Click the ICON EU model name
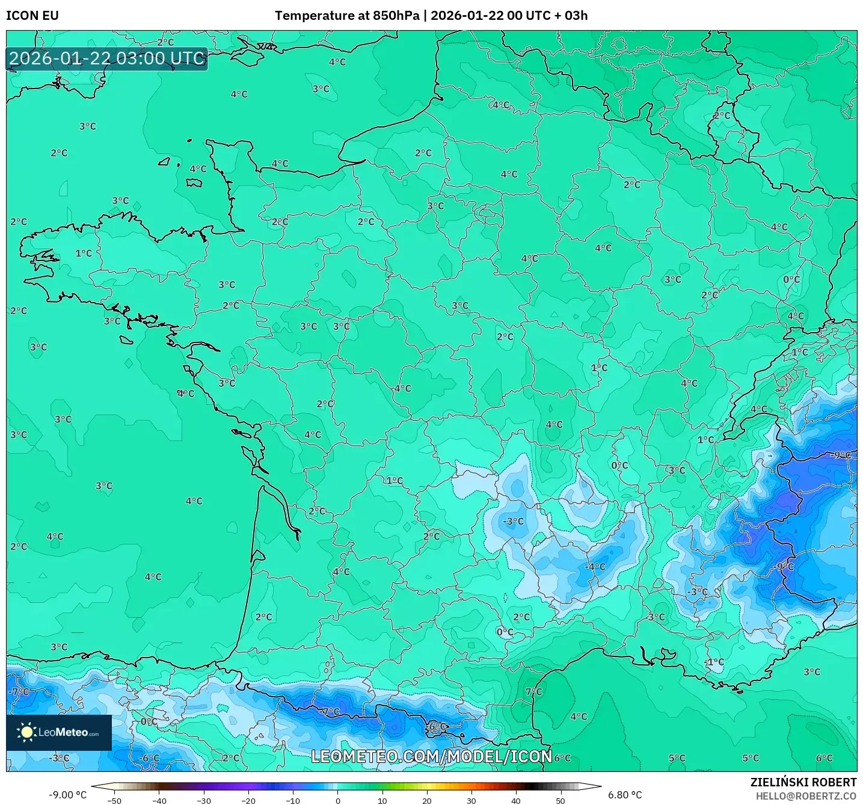click(x=32, y=16)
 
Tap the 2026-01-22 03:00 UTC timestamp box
click(x=107, y=58)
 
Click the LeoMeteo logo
click(x=59, y=732)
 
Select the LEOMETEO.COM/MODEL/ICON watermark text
click(x=431, y=756)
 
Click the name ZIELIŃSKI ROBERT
click(x=803, y=782)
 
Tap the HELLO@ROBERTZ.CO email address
click(x=806, y=796)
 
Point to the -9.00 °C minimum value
click(x=67, y=795)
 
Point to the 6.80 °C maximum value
click(x=625, y=795)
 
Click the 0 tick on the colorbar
click(x=337, y=800)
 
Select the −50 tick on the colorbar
click(x=114, y=800)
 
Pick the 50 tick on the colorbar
click(x=560, y=800)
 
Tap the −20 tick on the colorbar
click(x=248, y=800)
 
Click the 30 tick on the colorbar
click(x=471, y=800)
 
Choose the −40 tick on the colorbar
click(x=159, y=800)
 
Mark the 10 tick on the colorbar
click(x=382, y=800)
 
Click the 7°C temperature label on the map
click(x=533, y=692)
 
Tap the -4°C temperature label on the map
click(x=595, y=567)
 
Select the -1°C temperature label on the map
click(x=714, y=662)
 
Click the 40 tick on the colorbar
click(x=516, y=800)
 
